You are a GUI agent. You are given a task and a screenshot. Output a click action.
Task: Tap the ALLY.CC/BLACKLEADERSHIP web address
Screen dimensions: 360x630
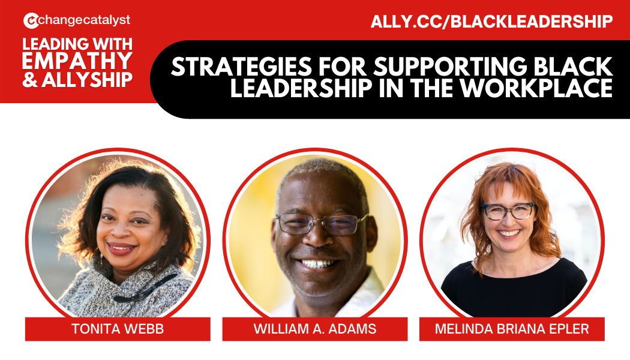pyautogui.click(x=491, y=22)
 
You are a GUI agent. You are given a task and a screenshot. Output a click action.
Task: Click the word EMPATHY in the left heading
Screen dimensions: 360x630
pyautogui.click(x=77, y=61)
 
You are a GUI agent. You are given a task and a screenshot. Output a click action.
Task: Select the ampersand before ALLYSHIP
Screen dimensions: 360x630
pyautogui.click(x=29, y=80)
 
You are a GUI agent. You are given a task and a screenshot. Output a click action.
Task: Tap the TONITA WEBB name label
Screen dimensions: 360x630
pyautogui.click(x=118, y=329)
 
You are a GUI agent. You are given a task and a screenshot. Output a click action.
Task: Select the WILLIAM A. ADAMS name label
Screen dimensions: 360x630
pyautogui.click(x=314, y=329)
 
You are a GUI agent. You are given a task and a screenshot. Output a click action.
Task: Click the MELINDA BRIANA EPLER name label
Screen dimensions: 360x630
pyautogui.click(x=511, y=329)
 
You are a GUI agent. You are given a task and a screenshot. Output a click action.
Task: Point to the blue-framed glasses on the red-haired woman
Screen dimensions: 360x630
pyautogui.click(x=509, y=211)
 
